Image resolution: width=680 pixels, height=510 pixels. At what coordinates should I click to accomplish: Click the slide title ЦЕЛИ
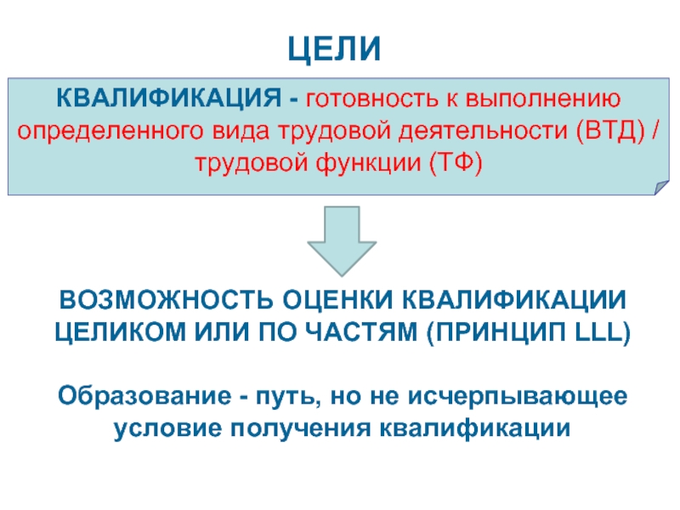(340, 48)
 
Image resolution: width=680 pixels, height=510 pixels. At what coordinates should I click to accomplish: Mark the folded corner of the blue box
(659, 189)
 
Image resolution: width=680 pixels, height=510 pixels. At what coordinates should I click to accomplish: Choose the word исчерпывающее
(519, 396)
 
